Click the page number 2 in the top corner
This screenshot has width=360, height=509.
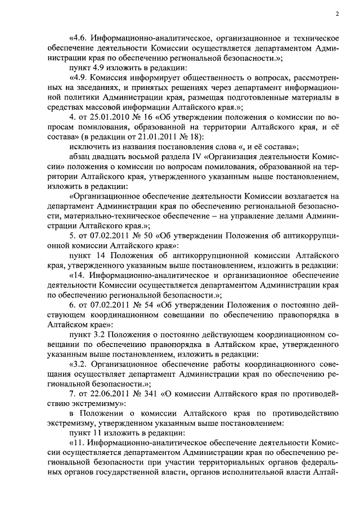[336, 13]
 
